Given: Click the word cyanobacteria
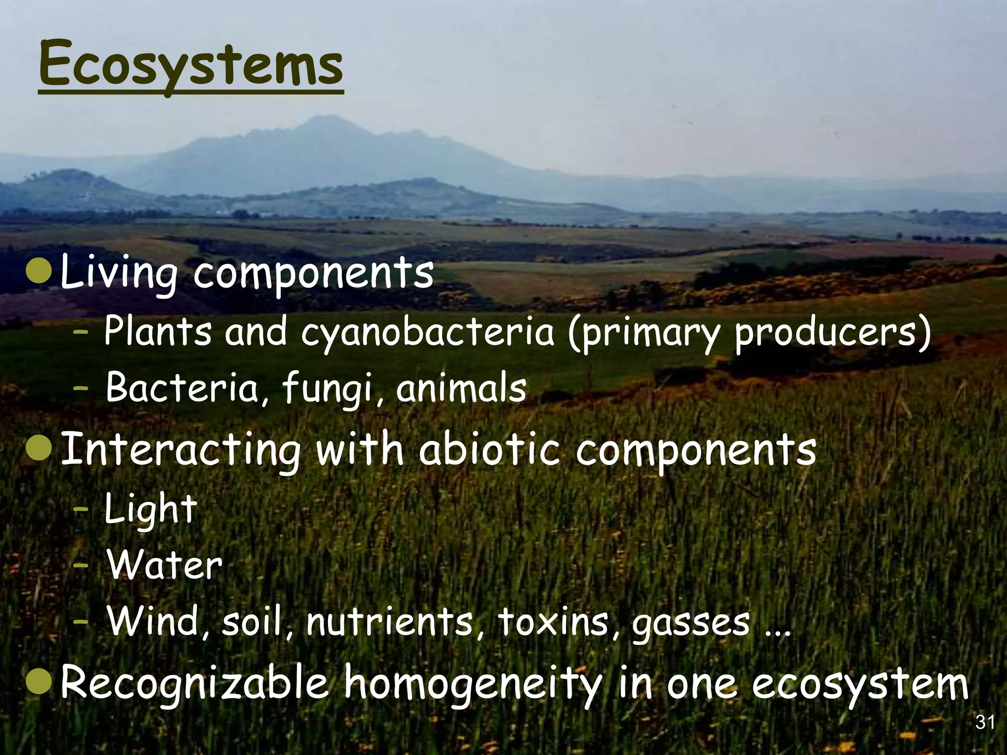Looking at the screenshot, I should pyautogui.click(x=427, y=332).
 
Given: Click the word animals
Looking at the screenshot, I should pyautogui.click(x=461, y=388).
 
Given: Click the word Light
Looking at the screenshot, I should pyautogui.click(x=150, y=509).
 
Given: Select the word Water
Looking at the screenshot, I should pyautogui.click(x=165, y=565).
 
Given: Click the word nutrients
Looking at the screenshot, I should pyautogui.click(x=389, y=622).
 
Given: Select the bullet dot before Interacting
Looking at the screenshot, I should pyautogui.click(x=38, y=449).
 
